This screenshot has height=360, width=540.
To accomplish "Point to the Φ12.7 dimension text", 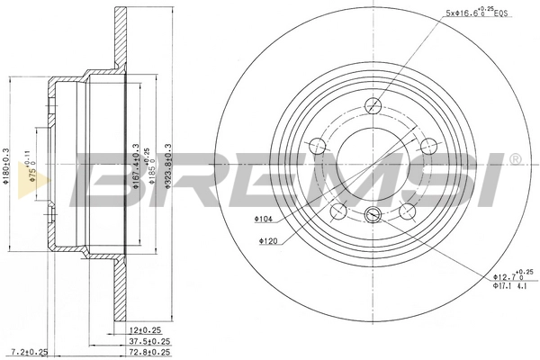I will coord(512,276).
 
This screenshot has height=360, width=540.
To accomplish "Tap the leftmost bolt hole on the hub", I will coord(316,148).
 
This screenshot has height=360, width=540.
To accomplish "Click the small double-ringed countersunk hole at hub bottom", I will coord(373,215).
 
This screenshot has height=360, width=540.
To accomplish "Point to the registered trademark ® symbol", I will coord(514,159).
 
